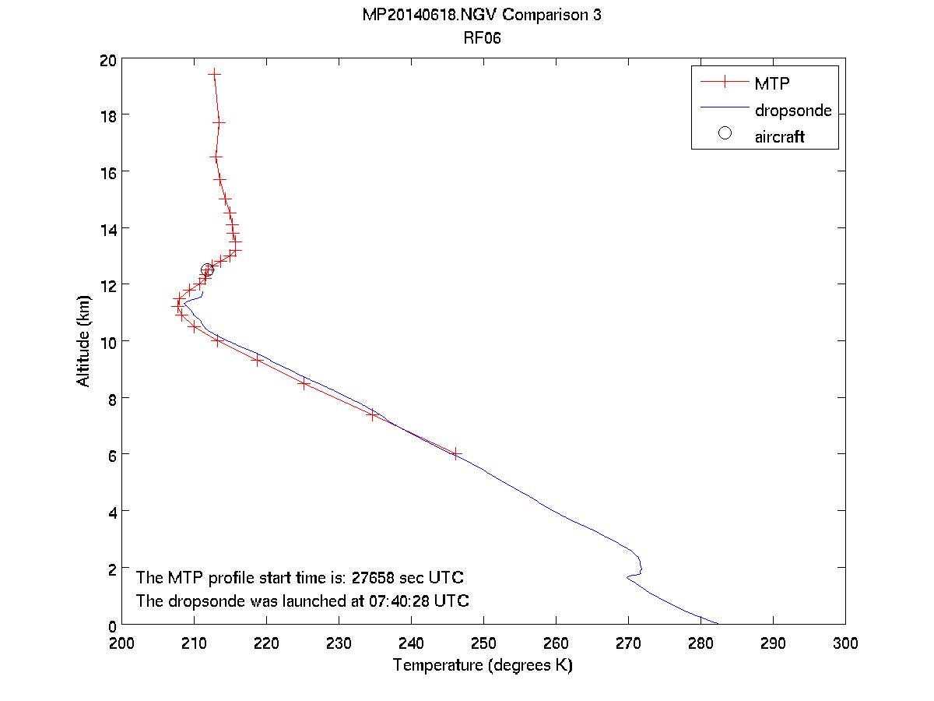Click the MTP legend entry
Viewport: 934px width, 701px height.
click(771, 83)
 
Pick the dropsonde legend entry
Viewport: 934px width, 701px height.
click(792, 110)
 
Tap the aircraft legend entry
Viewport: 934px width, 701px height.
click(778, 137)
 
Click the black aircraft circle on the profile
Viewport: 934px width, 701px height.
click(207, 270)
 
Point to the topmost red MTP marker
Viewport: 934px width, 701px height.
click(214, 73)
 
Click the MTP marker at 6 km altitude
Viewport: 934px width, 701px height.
click(456, 453)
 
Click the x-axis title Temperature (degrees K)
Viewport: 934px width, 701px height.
click(483, 666)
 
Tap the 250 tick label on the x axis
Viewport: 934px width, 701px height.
click(483, 643)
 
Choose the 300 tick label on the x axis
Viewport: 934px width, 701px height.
click(845, 643)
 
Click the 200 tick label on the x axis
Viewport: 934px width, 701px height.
click(122, 643)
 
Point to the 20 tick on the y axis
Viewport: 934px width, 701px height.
click(107, 59)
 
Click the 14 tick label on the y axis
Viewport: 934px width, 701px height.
click(107, 228)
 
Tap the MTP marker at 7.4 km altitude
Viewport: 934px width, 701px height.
click(372, 414)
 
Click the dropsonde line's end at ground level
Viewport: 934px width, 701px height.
click(718, 625)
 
